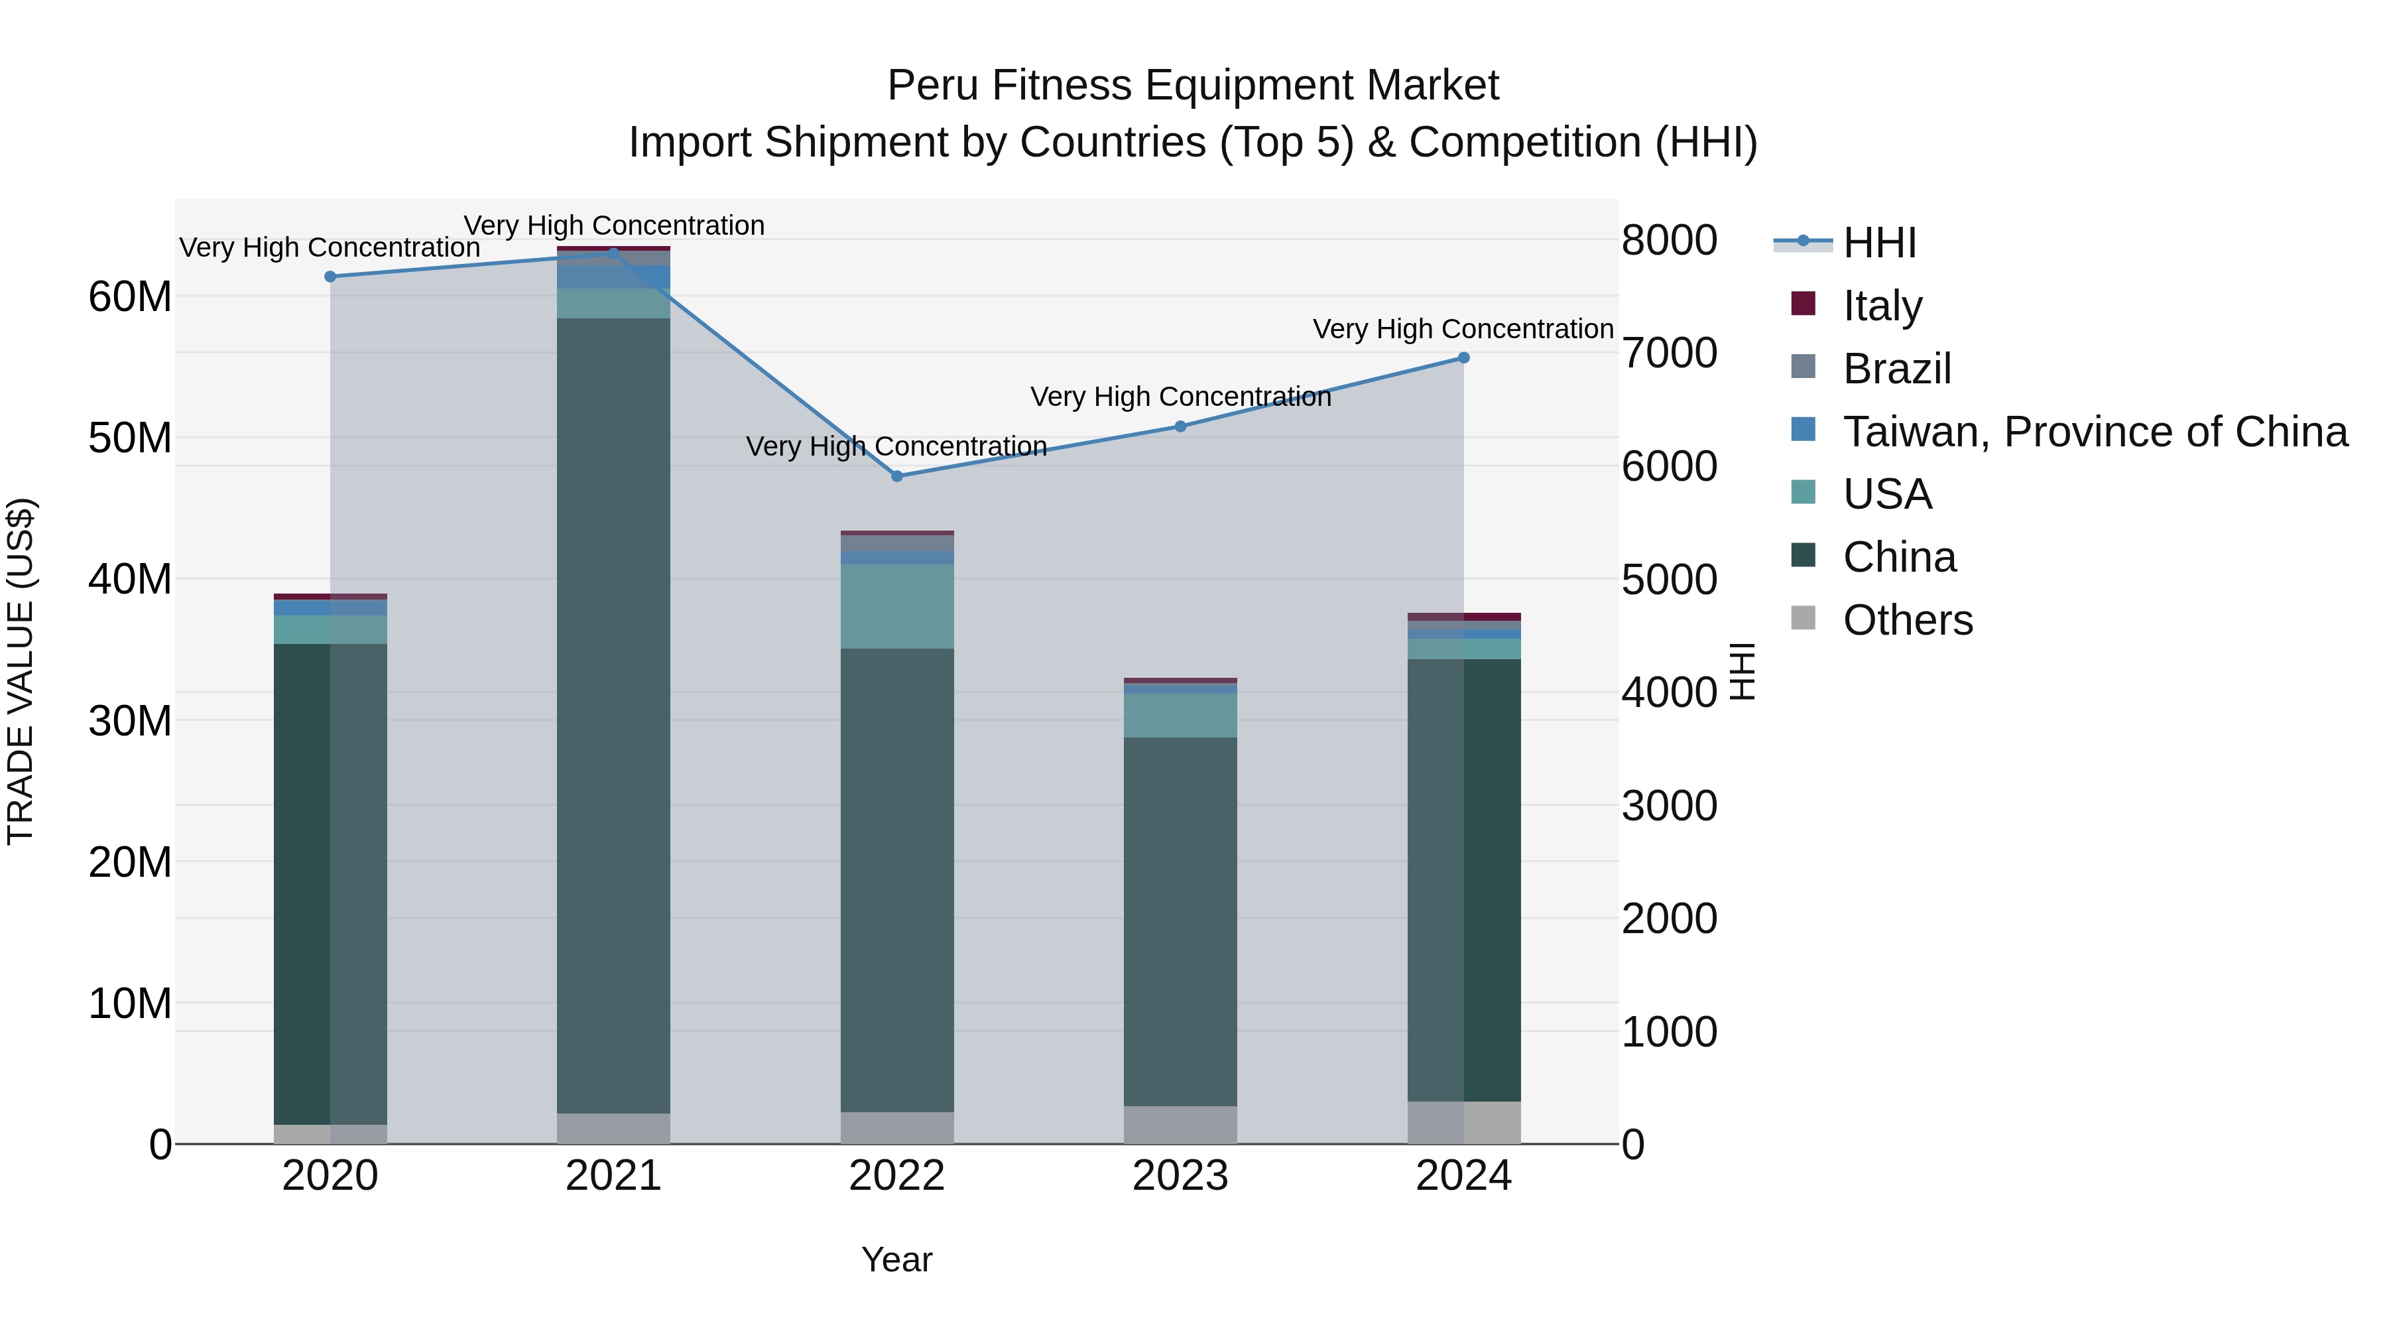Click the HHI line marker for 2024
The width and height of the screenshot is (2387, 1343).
[x=1463, y=357]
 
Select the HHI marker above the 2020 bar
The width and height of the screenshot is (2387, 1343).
[x=330, y=276]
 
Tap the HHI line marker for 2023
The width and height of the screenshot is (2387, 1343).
[x=1180, y=426]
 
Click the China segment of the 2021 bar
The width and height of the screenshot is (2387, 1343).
[x=613, y=714]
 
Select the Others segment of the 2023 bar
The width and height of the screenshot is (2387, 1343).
[x=1180, y=1124]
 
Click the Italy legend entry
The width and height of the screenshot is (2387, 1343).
[x=1882, y=306]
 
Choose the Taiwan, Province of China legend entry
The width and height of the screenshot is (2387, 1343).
[x=2094, y=432]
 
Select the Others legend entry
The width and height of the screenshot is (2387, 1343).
[x=1907, y=620]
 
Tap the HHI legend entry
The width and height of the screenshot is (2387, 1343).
[x=1878, y=243]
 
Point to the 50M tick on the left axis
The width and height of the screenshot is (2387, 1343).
[x=130, y=438]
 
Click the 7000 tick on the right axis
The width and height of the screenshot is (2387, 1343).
[x=1669, y=353]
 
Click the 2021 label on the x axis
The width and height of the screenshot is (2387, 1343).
[x=613, y=1176]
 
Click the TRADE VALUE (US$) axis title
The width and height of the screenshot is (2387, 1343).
[x=21, y=671]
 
